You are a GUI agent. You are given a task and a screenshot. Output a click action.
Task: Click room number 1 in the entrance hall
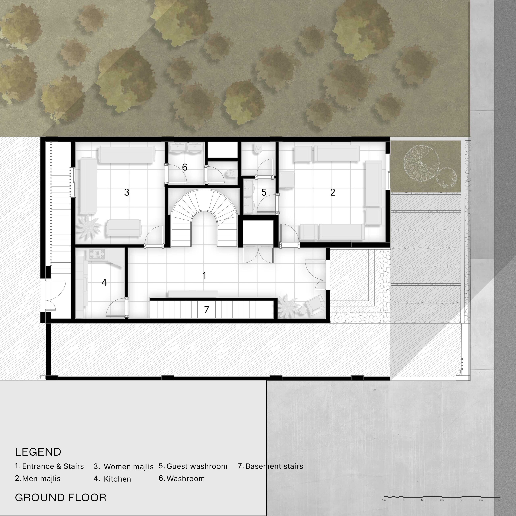click(204, 276)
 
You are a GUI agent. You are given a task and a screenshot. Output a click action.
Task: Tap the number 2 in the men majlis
click(333, 192)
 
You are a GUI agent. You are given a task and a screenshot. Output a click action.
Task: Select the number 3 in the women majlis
click(127, 192)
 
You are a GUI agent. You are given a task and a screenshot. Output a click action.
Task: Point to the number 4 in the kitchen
click(104, 282)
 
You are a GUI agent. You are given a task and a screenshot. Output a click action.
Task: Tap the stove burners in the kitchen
click(97, 254)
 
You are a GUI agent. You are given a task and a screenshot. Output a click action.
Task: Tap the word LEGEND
click(38, 452)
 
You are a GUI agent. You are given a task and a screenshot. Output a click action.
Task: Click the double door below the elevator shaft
click(258, 255)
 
